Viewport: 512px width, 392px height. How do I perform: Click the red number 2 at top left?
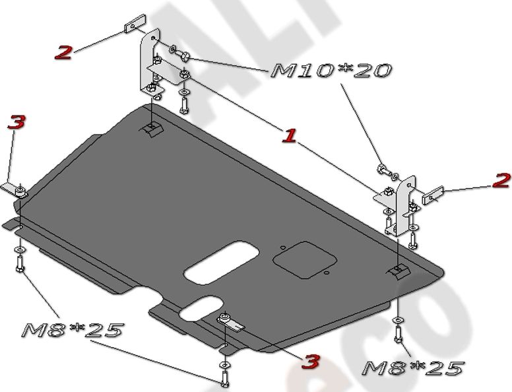coord(63,53)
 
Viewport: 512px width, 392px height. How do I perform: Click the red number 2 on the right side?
coord(501,180)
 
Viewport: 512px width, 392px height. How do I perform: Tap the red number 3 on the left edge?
coord(16,122)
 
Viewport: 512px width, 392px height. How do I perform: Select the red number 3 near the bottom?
coord(311,361)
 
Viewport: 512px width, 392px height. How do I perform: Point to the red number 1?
coord(288,136)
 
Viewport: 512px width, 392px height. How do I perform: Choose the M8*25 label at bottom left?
coord(73,330)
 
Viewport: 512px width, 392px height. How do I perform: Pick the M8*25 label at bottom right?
coord(414,368)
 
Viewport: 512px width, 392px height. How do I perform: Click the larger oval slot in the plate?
coord(222,262)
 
